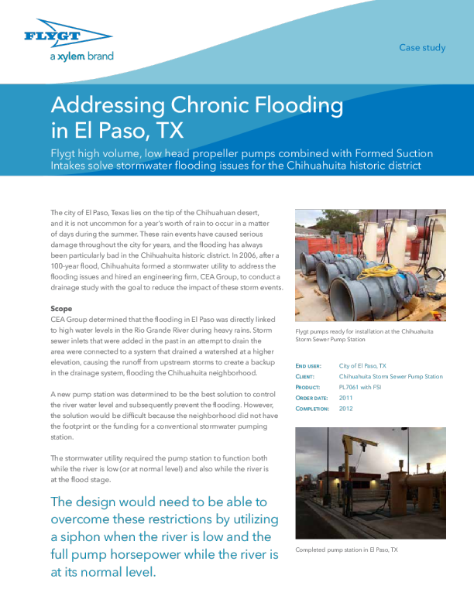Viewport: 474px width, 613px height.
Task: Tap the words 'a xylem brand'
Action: (x=81, y=57)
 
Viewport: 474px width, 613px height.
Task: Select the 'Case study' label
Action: (x=422, y=48)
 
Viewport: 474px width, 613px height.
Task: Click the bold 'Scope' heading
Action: (x=61, y=308)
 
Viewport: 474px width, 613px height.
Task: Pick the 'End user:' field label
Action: (x=311, y=365)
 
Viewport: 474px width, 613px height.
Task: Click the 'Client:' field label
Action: (x=307, y=376)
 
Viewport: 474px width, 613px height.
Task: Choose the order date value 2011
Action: (x=346, y=397)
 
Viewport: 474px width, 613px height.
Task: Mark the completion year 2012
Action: (x=346, y=407)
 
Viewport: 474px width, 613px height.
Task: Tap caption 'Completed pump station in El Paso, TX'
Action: (x=346, y=550)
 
